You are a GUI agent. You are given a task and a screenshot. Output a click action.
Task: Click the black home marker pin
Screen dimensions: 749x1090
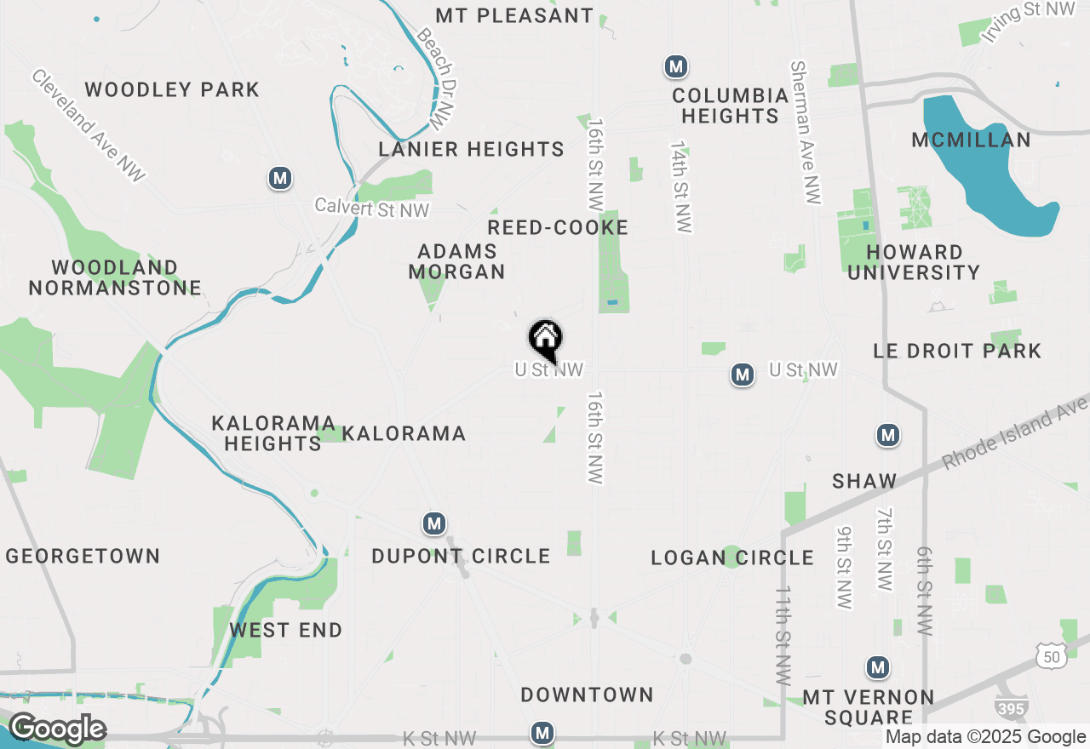[545, 340]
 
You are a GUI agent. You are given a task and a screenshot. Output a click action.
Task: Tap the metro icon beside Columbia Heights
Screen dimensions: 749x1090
[676, 66]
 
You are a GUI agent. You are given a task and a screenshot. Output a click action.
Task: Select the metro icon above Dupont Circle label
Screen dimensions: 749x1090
[434, 523]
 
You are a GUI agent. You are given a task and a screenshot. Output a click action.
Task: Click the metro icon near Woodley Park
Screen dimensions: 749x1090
[280, 179]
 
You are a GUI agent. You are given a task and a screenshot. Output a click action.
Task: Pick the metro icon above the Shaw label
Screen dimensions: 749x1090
[888, 436]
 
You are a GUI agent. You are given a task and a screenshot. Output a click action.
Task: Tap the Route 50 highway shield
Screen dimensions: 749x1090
[1050, 655]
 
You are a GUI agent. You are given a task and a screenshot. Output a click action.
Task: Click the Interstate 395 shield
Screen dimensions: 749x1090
[1011, 706]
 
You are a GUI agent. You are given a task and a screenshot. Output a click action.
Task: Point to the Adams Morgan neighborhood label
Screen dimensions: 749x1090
[457, 261]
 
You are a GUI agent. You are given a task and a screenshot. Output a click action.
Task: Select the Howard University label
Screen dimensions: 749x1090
[914, 262]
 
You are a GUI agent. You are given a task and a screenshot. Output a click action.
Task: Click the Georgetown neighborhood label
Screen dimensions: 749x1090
[83, 557]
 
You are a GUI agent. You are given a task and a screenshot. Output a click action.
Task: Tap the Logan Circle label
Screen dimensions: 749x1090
[732, 558]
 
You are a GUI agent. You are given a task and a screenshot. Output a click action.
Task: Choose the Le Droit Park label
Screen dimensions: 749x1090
[957, 351]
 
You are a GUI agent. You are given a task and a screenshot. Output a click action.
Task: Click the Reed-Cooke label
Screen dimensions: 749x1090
[558, 227]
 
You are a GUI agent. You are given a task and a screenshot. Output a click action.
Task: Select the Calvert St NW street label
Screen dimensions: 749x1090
[372, 207]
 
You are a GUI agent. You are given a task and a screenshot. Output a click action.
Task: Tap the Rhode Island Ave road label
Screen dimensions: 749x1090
[1013, 433]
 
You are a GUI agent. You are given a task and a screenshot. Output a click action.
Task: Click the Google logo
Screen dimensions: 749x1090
[57, 729]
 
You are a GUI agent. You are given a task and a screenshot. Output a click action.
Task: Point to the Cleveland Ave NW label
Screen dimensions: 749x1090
[89, 125]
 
